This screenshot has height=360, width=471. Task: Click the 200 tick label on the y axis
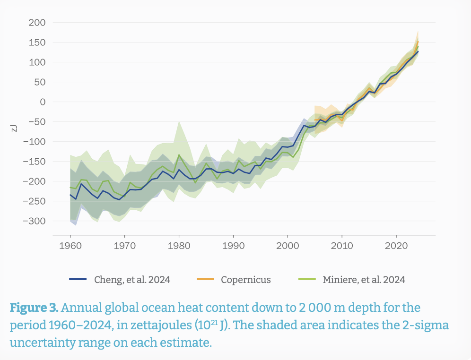point(37,23)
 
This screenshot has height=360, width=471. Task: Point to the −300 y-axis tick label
point(34,221)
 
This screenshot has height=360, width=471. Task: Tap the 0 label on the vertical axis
point(43,102)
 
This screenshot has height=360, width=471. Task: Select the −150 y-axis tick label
point(34,162)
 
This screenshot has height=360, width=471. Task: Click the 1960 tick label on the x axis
point(70,246)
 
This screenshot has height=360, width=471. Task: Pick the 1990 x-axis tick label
point(233,246)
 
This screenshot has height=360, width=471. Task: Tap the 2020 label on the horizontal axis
point(396,246)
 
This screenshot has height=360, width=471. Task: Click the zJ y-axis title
point(14,128)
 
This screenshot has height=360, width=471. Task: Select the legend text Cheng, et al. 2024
point(132,280)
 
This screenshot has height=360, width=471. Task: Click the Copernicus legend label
point(246,280)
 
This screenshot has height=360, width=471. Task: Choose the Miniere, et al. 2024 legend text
point(364,280)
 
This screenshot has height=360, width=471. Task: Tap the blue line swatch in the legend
point(78,279)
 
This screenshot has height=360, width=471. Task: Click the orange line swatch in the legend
point(205,279)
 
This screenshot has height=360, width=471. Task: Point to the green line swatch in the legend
point(307,279)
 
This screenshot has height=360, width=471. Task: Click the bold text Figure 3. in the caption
point(34,308)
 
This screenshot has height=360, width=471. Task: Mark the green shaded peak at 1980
point(179,121)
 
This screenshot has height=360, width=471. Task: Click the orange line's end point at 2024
point(418,42)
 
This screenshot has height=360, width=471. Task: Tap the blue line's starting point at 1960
point(70,195)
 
